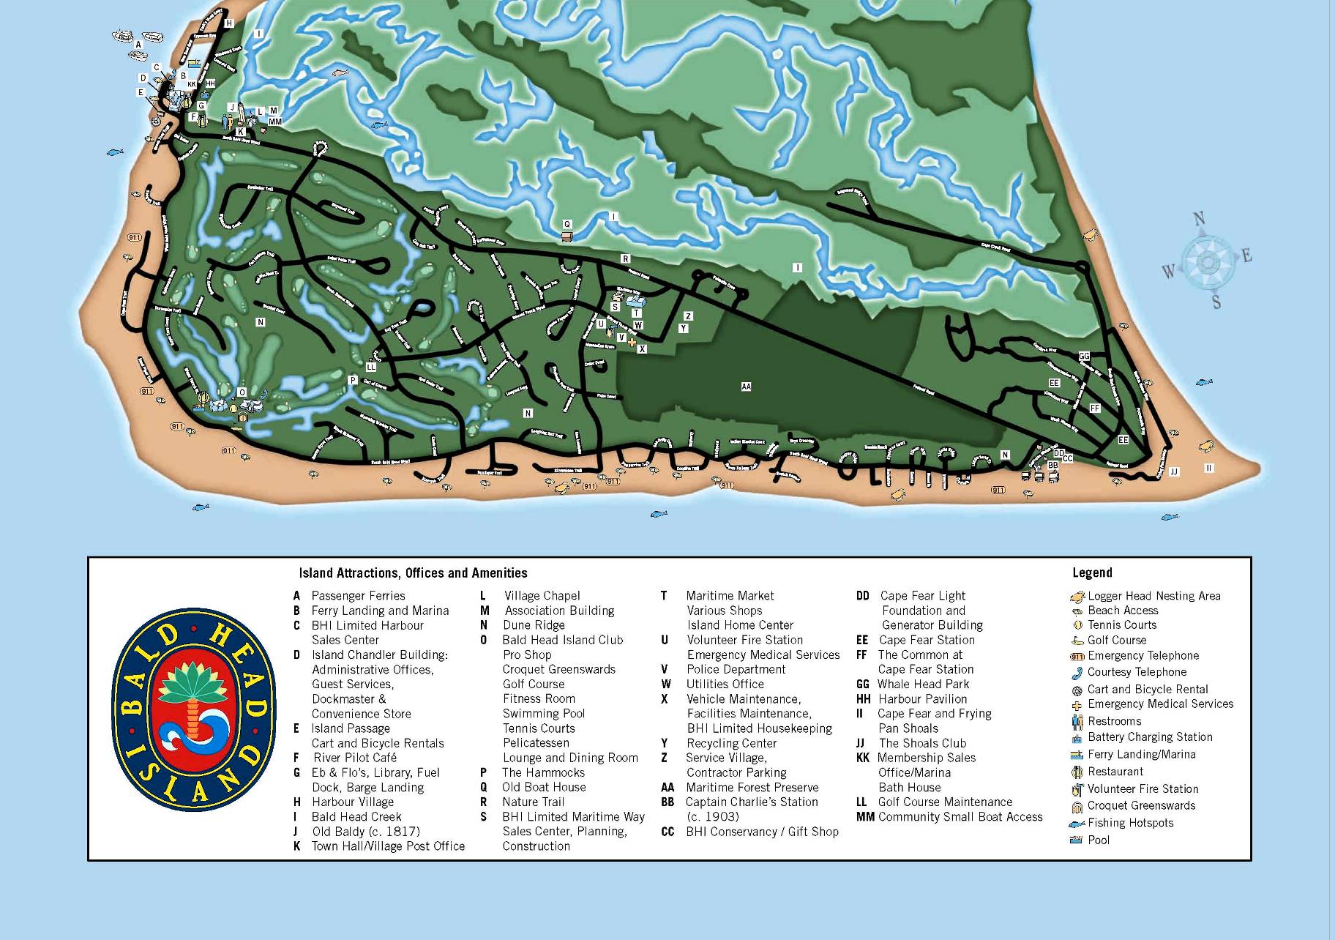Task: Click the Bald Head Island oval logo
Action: pos(194,709)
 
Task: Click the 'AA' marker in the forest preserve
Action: pos(746,387)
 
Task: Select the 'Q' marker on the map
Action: pos(566,225)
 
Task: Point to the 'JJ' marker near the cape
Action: pos(1174,471)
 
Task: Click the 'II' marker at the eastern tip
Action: pos(1209,468)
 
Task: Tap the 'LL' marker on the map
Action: pos(370,367)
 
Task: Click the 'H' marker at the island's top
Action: pos(228,23)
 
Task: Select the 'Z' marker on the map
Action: pos(688,316)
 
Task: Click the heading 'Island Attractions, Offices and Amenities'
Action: pos(413,573)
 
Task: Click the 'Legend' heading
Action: pos(1092,572)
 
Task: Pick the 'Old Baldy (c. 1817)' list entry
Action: pos(366,832)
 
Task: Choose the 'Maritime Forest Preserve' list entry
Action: pos(752,788)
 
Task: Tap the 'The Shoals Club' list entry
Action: pos(922,743)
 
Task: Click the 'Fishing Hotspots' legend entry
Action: pos(1130,823)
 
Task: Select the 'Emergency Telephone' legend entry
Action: pos(1143,656)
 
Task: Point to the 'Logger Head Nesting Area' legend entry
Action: pos(1153,596)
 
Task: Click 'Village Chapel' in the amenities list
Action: pos(542,596)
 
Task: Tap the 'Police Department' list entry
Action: pos(736,669)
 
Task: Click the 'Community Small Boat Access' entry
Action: pos(960,817)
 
